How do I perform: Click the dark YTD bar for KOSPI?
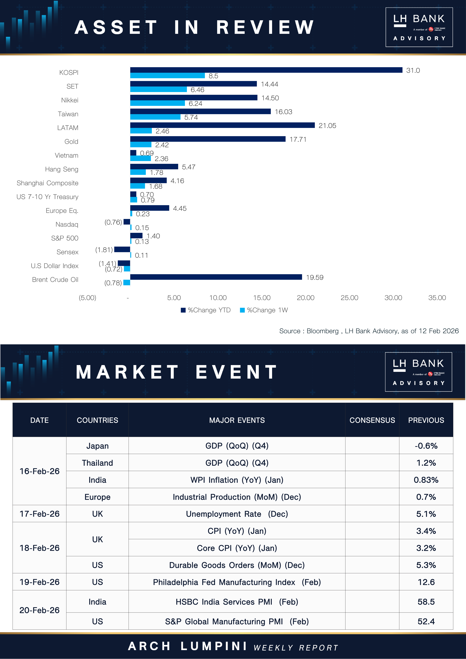pos(266,70)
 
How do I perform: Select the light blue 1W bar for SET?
pos(158,90)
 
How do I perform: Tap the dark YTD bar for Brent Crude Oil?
pos(216,277)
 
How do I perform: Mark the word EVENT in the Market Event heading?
pos(236,372)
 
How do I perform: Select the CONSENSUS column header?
pos(372,420)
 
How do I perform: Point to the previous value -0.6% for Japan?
pos(426,446)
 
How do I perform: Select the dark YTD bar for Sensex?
pos(122,249)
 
